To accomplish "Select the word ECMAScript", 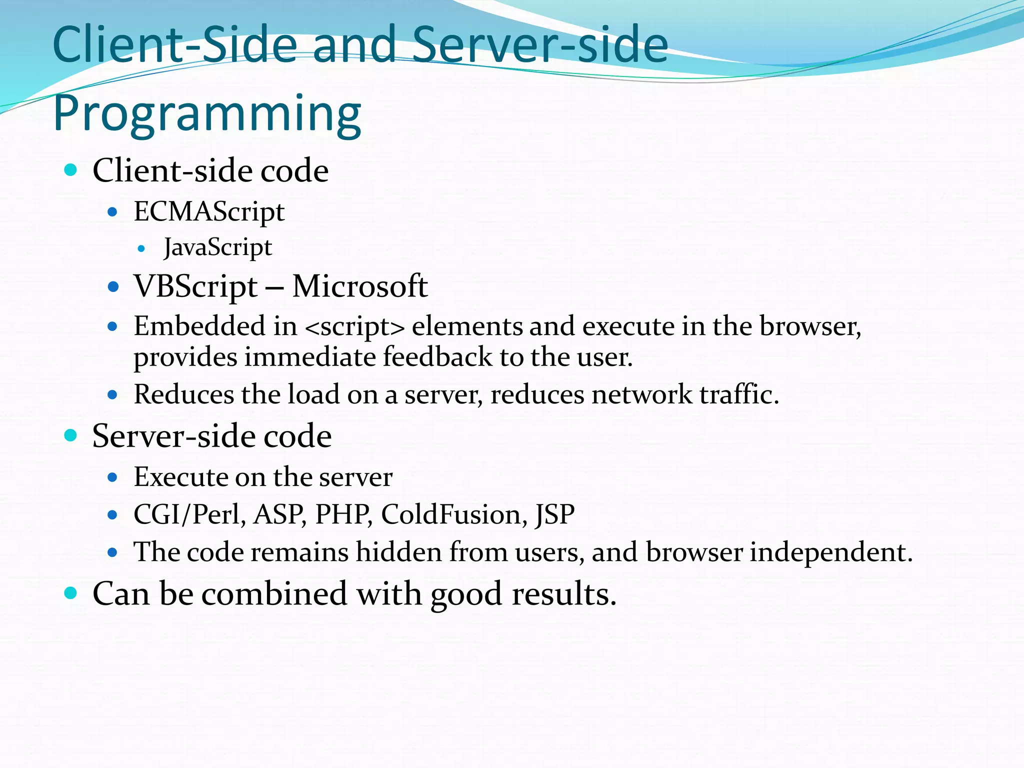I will click(209, 212).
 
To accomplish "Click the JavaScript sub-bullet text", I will click(218, 248).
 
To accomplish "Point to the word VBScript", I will click(195, 287).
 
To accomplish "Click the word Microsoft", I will click(360, 286).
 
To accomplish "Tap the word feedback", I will click(437, 357).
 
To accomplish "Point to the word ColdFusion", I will click(454, 514).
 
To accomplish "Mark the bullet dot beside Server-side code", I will click(71, 435).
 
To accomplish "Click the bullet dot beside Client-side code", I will click(71, 170).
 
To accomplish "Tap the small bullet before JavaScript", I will click(141, 248).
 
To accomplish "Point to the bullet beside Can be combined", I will click(71, 593).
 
